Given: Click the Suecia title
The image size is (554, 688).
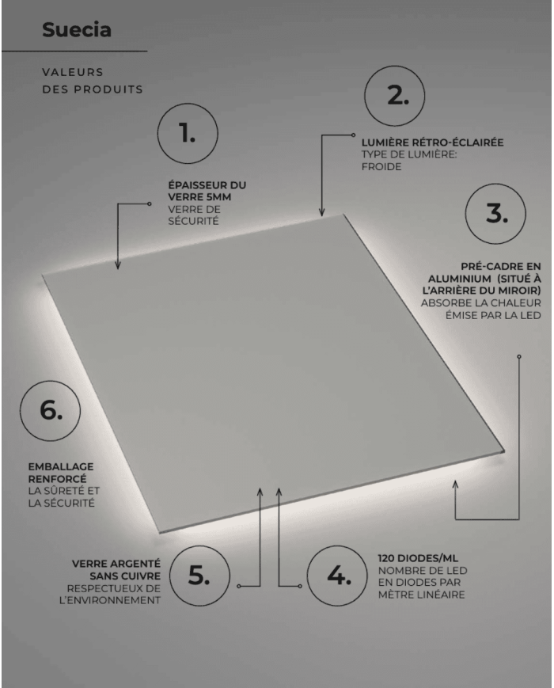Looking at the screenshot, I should click(77, 30).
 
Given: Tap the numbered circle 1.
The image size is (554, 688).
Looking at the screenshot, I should click(188, 134).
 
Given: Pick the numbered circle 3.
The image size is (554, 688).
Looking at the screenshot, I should click(496, 214).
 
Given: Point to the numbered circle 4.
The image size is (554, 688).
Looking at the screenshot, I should click(339, 576).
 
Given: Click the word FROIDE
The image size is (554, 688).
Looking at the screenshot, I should click(381, 167).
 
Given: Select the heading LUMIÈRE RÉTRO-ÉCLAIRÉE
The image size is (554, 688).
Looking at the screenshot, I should click(432, 143).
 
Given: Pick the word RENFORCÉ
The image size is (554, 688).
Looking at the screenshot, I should click(57, 479).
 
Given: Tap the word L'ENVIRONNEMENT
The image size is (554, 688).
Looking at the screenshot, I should click(110, 601).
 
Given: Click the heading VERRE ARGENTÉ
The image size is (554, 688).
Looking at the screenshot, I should click(116, 564).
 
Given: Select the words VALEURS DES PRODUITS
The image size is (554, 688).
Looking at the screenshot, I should click(93, 81).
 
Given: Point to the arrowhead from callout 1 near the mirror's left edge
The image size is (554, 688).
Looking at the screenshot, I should click(117, 266).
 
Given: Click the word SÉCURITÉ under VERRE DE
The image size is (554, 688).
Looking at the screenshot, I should click(193, 222).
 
